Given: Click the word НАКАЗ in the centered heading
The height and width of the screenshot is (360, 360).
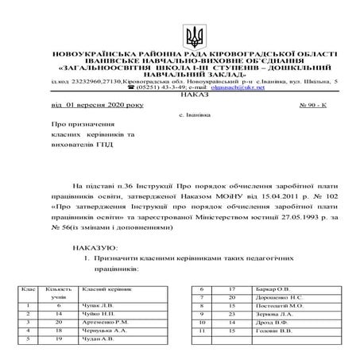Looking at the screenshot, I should pos(180,94).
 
